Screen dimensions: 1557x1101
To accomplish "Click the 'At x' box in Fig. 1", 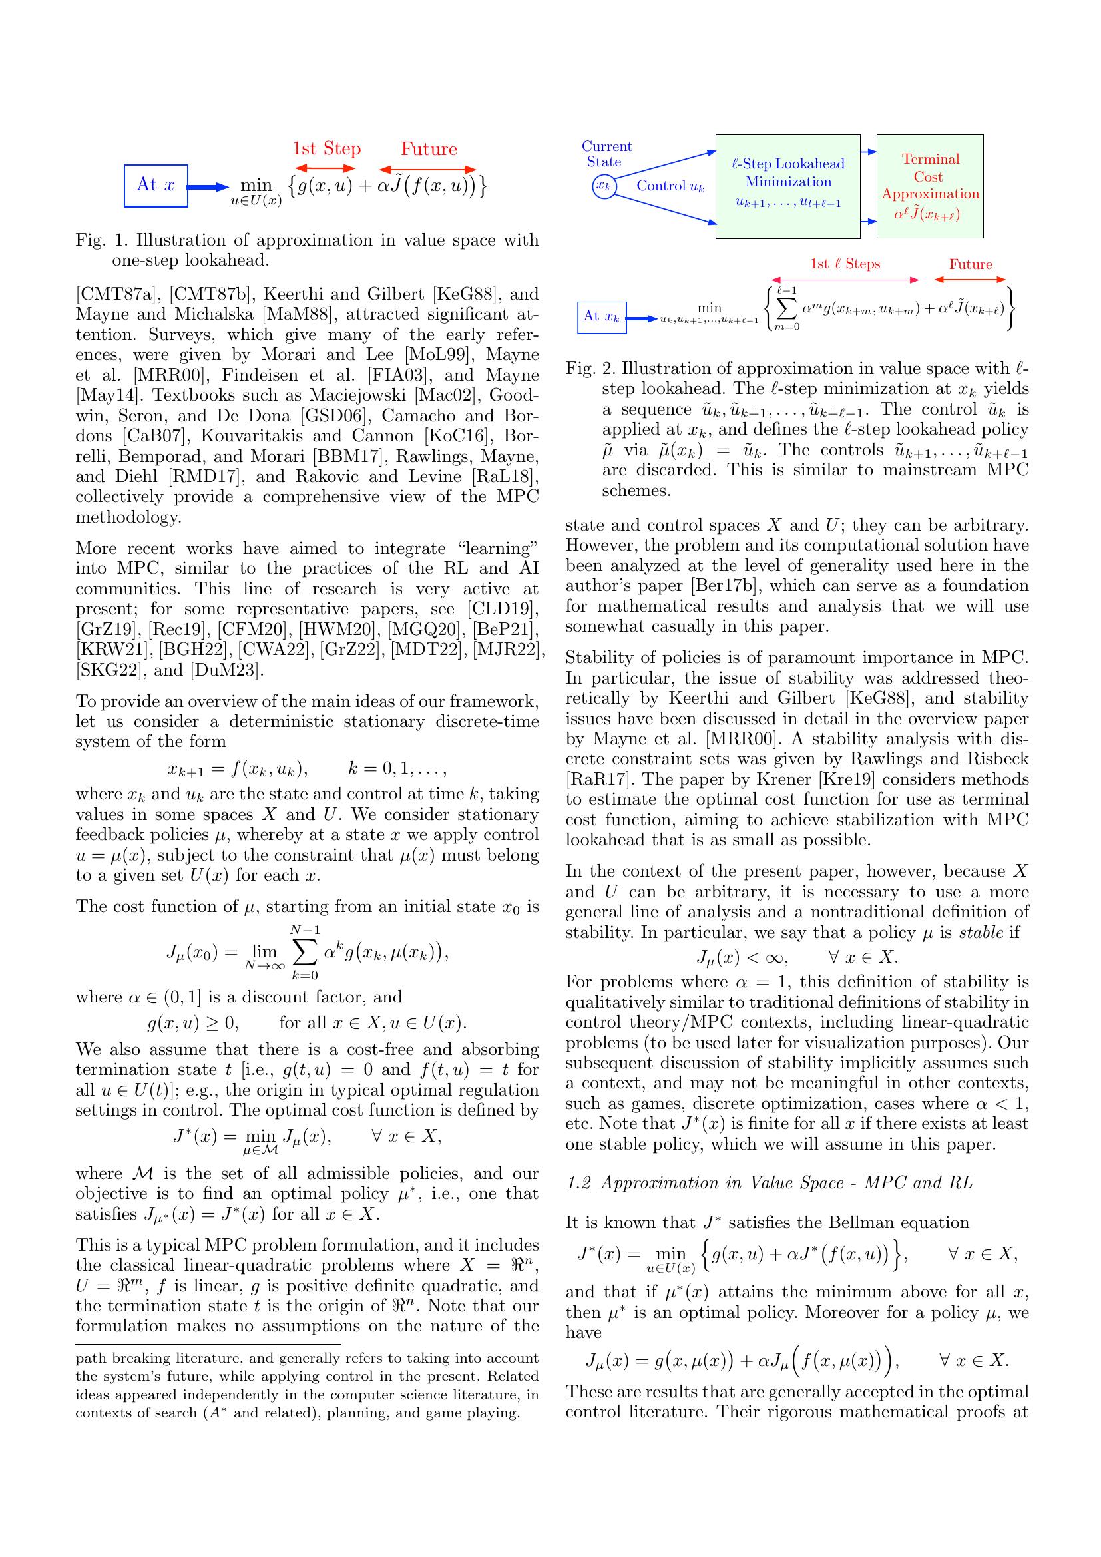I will (156, 185).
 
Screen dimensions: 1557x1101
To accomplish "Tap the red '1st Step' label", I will (326, 149).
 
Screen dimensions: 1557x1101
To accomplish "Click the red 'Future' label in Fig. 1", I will (429, 149).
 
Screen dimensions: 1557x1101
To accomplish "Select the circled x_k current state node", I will (603, 185).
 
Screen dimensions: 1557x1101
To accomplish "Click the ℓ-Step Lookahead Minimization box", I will (787, 186).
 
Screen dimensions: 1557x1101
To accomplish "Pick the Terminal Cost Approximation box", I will (929, 186).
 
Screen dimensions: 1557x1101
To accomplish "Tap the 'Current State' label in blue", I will (606, 154).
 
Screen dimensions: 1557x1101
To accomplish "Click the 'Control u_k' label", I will (670, 186).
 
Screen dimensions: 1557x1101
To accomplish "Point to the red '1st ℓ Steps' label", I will (845, 264).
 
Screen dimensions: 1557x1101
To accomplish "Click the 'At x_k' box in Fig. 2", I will (601, 317).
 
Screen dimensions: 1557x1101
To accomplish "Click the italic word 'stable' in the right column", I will (984, 933).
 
